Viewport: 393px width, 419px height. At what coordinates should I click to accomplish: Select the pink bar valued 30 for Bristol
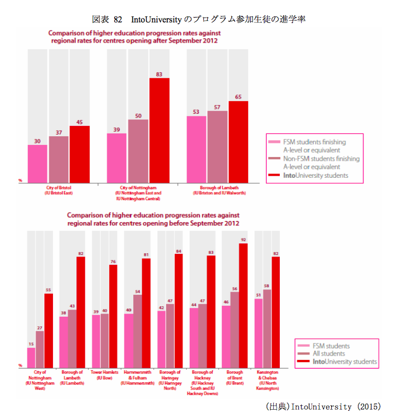pos(37,164)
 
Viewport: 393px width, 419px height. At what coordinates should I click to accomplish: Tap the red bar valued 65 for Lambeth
pos(238,142)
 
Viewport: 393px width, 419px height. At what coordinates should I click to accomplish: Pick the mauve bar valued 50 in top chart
pos(138,151)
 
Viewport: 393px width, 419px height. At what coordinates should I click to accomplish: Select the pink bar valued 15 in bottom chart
pos(31,357)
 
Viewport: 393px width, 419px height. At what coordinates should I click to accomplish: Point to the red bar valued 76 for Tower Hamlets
pos(113,316)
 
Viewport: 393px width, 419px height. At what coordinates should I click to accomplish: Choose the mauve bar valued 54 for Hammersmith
pos(137,330)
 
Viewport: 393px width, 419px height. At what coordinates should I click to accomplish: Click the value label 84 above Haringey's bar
pos(178,251)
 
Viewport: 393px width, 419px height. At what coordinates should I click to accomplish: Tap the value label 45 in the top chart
pos(79,122)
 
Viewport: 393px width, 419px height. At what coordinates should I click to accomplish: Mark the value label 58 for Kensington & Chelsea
pos(267,286)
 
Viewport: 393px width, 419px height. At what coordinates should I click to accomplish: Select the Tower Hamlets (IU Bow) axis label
pos(104,375)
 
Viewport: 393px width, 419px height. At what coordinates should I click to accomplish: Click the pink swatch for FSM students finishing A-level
pos(274,142)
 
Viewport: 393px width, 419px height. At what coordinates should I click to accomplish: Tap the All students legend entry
pos(329,353)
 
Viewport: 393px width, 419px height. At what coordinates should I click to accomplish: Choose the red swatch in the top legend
pos(274,175)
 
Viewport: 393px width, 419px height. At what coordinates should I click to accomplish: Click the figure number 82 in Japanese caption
pos(118,19)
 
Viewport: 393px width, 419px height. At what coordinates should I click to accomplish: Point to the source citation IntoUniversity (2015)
pos(322,406)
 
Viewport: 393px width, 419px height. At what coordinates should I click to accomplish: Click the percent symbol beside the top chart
pos(20,180)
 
